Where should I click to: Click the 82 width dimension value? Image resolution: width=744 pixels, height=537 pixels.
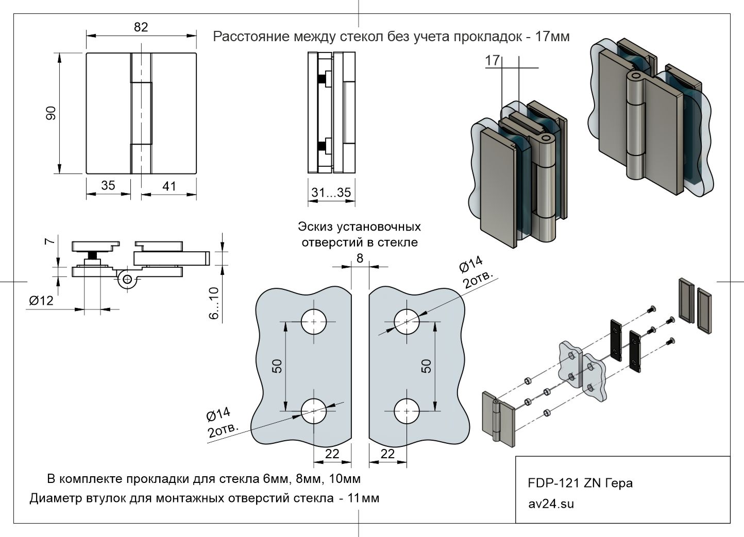click(x=141, y=27)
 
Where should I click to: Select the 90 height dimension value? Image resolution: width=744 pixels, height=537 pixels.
click(x=51, y=113)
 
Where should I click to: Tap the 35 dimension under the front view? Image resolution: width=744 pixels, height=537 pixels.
click(x=108, y=185)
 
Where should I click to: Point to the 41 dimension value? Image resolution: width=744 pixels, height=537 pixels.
click(x=170, y=186)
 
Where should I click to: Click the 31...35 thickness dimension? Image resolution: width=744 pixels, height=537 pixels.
click(x=331, y=193)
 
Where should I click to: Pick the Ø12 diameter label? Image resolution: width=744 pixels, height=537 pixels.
click(x=41, y=300)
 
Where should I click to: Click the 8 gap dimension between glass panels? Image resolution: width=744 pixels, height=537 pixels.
click(x=360, y=258)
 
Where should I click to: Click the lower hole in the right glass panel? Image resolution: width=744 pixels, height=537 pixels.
click(x=407, y=411)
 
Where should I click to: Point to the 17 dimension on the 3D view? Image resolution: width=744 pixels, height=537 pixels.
click(x=493, y=61)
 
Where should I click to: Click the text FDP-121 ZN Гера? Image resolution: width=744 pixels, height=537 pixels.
click(x=580, y=483)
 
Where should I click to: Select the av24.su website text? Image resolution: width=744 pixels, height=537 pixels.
click(x=551, y=503)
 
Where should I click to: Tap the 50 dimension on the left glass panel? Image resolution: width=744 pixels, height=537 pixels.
click(x=277, y=366)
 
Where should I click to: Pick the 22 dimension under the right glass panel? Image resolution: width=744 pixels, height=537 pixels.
click(x=387, y=454)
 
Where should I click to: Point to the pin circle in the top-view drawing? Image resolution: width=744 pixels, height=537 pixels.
click(x=127, y=280)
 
